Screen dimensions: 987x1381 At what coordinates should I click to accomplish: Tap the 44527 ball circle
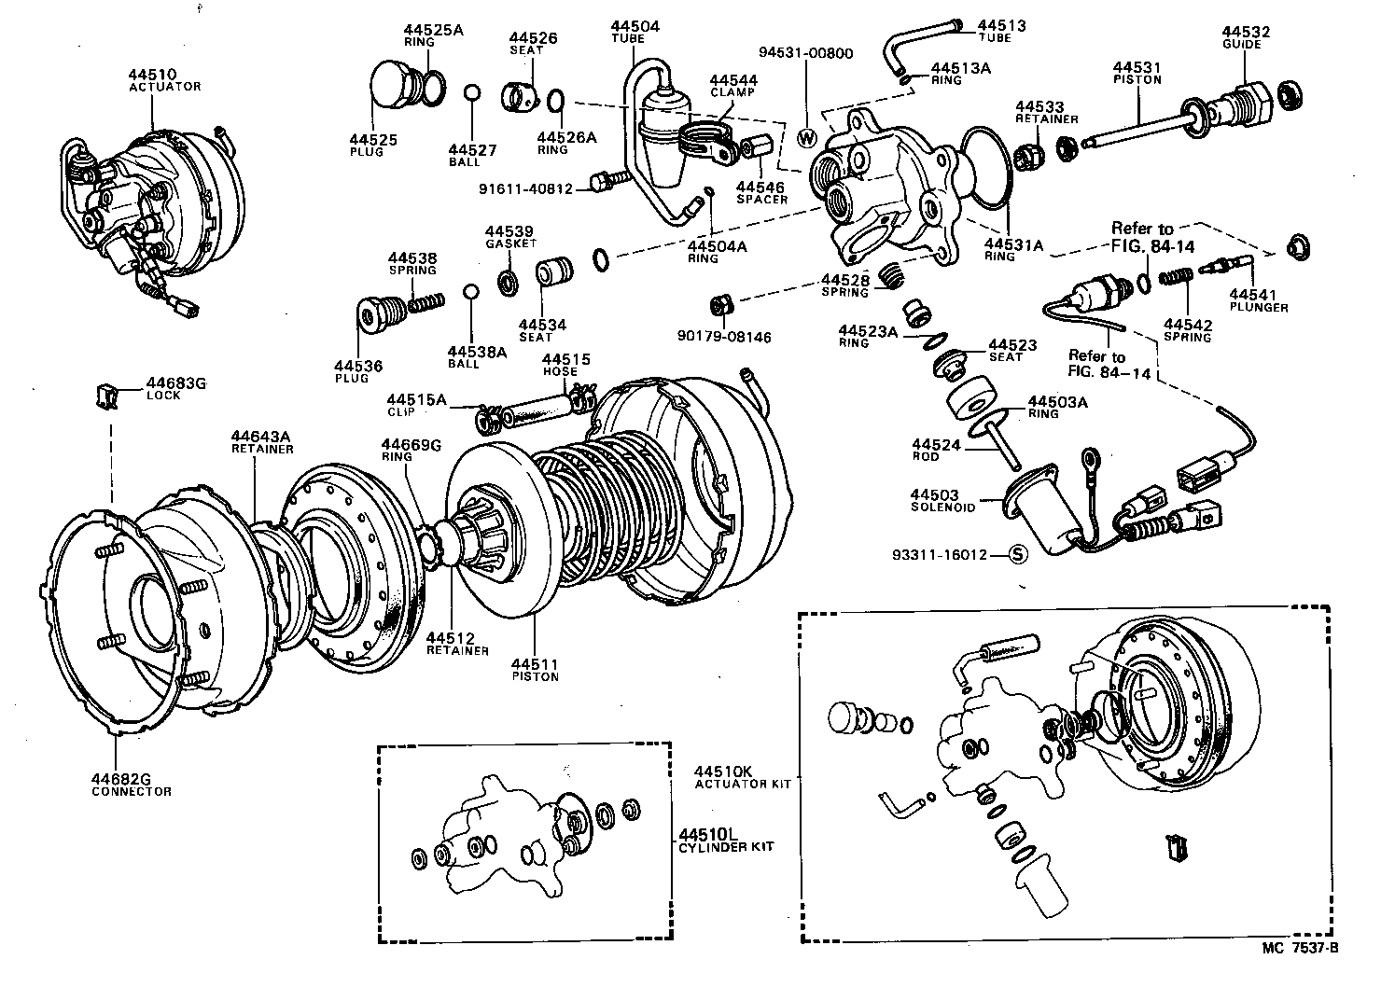point(472,92)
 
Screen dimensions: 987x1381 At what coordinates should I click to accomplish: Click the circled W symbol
point(808,137)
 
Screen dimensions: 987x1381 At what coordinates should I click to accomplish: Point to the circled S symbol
point(1018,554)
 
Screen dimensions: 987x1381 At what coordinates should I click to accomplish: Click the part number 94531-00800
point(804,53)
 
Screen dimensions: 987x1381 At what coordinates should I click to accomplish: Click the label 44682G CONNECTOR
point(132,785)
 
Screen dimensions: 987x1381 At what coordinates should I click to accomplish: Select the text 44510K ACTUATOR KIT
point(742,777)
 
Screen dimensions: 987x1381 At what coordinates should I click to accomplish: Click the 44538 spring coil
point(425,303)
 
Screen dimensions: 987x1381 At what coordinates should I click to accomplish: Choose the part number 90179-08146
point(725,337)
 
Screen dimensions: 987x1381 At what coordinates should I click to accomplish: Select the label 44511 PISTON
point(535,670)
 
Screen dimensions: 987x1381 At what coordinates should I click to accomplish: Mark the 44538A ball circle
point(472,293)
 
